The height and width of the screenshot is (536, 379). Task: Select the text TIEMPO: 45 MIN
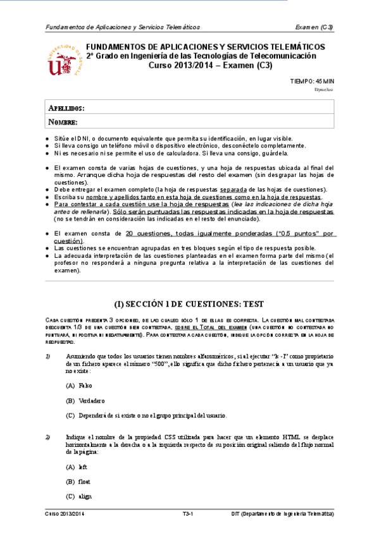311,81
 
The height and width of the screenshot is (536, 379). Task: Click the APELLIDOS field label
66,109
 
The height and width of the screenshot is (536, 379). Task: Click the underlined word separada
233,189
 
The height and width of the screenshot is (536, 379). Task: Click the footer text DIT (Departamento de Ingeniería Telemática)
282,515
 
